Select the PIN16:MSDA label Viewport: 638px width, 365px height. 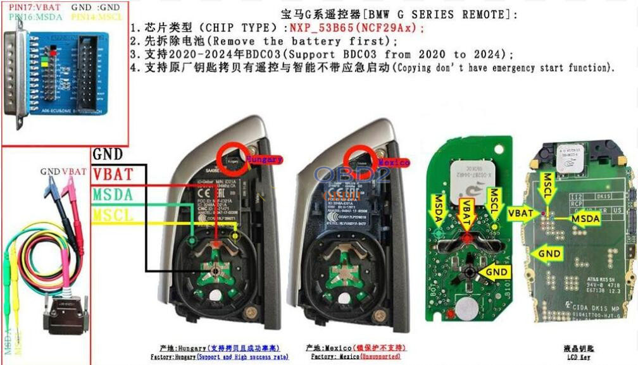point(35,17)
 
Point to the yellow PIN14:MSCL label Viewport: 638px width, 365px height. point(97,17)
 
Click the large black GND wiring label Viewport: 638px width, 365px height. point(108,154)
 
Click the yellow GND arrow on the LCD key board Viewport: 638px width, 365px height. point(547,254)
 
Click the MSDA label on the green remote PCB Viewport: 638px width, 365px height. point(439,208)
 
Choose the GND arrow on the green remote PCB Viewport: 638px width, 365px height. point(494,272)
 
